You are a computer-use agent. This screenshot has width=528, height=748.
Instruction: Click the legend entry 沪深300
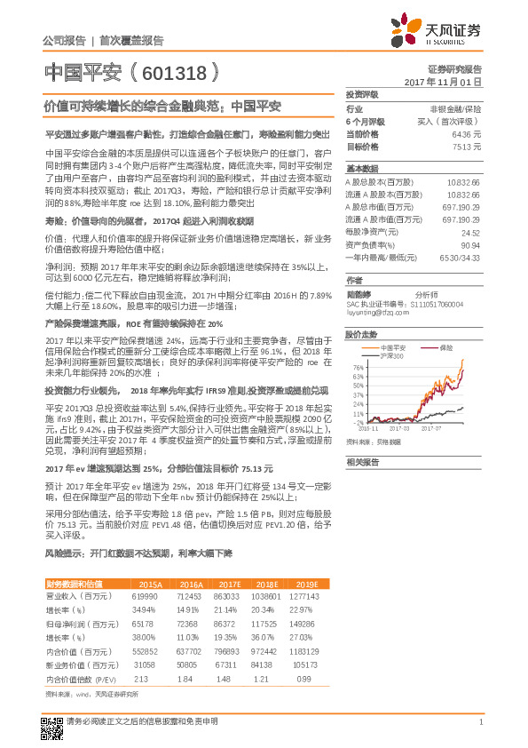[x=390, y=355]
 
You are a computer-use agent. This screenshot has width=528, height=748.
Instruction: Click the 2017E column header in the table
[x=228, y=584]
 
